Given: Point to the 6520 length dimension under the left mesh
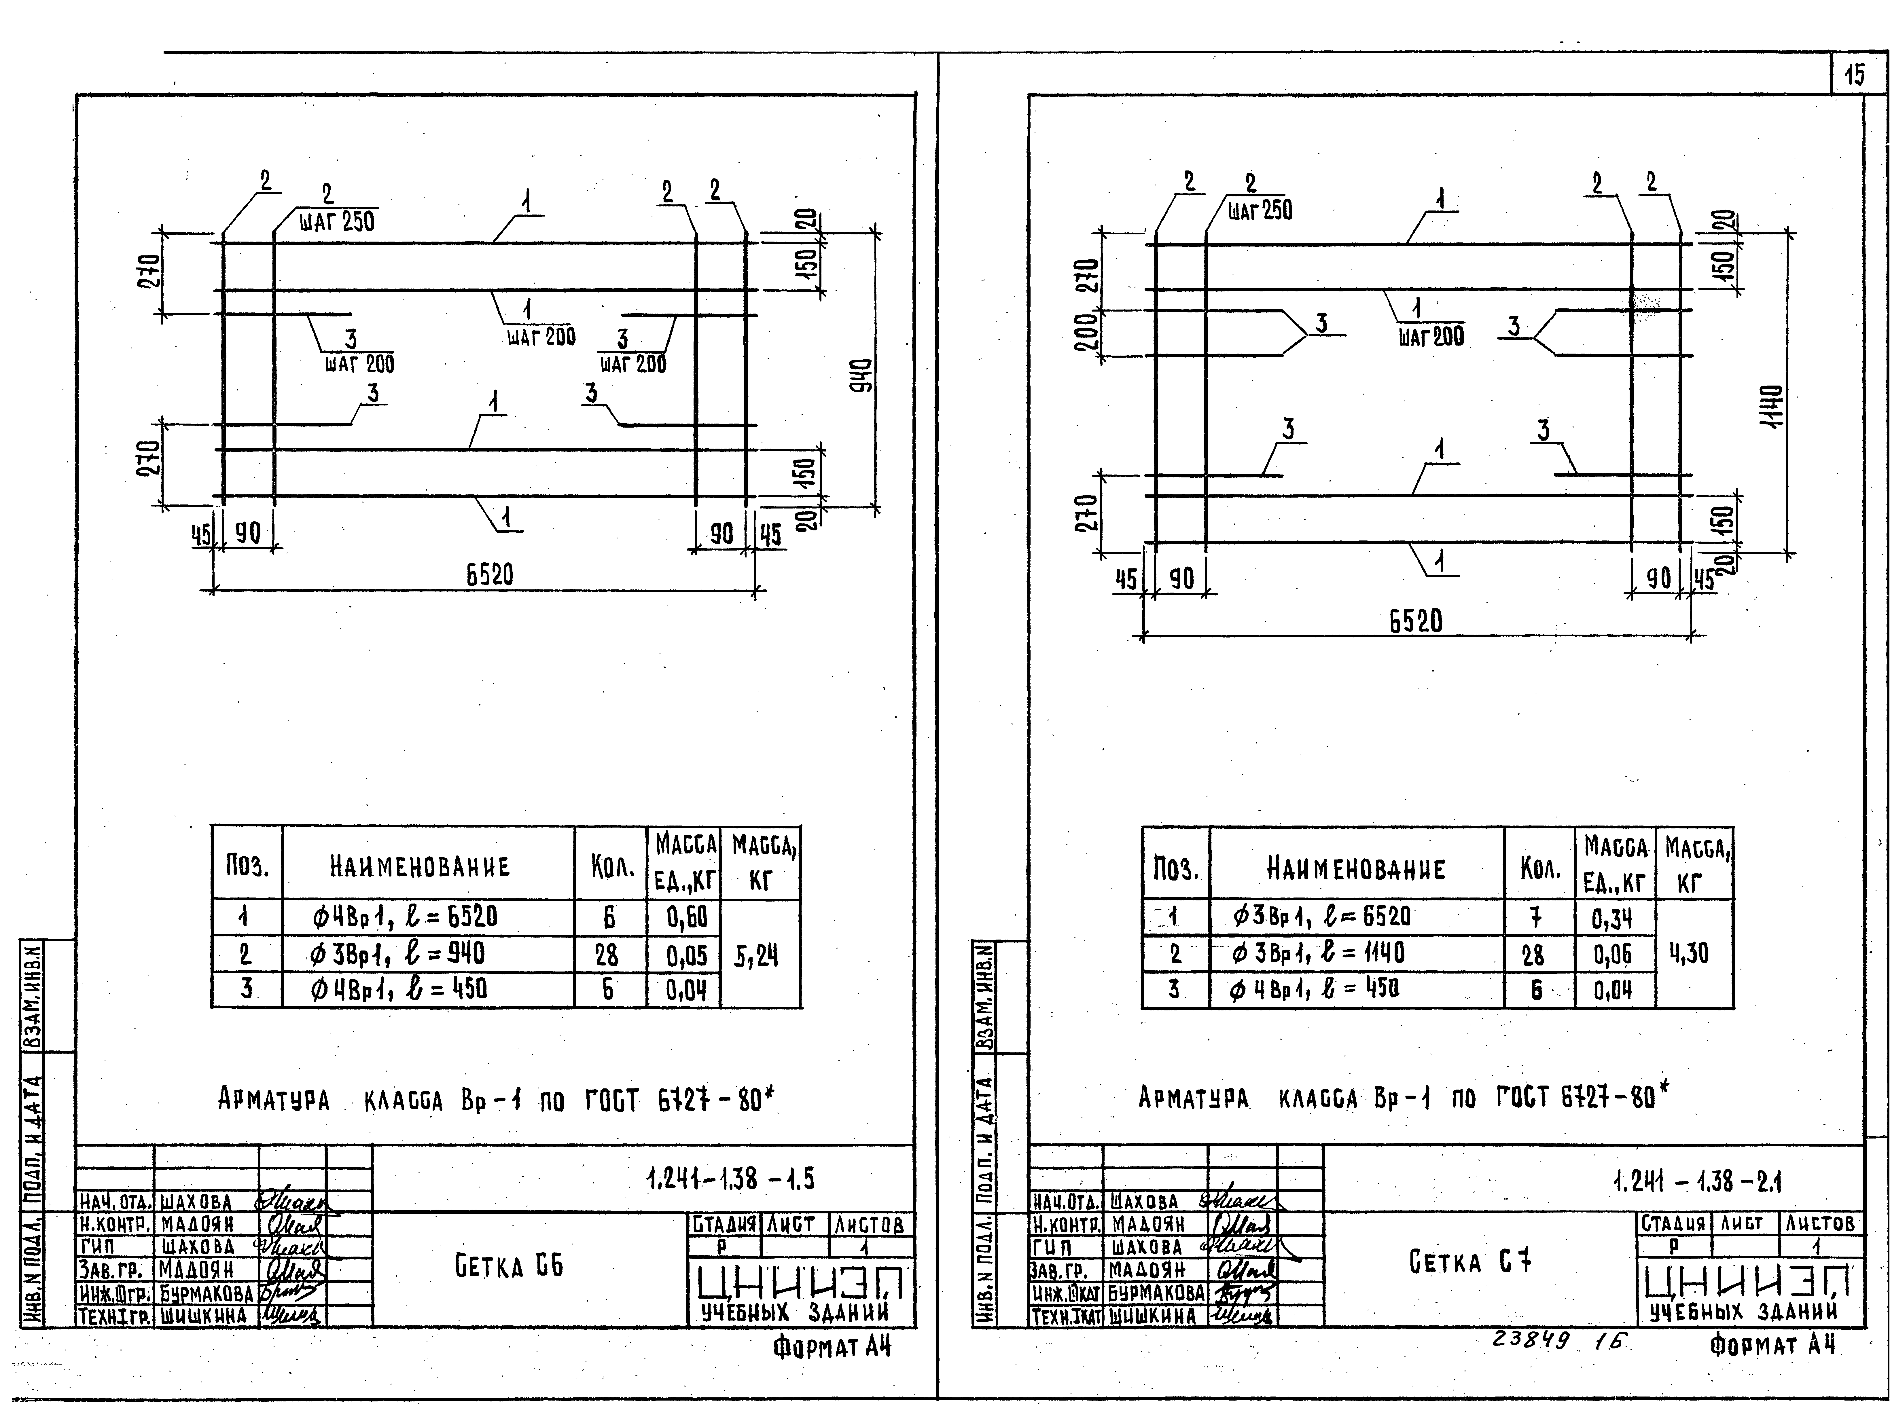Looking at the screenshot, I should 490,575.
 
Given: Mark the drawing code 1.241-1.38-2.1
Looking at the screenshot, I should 1697,1181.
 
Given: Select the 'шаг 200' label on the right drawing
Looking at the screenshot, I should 1431,337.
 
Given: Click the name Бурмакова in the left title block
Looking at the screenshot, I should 207,1293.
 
